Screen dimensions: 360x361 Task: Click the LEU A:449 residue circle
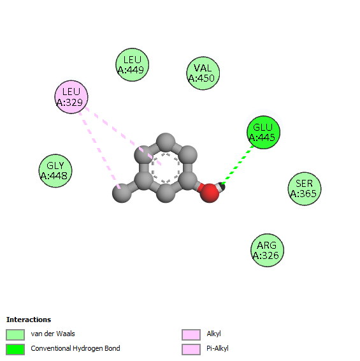tap(133, 64)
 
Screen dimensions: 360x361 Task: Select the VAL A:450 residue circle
tap(203, 73)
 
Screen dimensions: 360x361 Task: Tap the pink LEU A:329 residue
tap(71, 97)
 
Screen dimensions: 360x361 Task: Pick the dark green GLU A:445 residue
tap(263, 133)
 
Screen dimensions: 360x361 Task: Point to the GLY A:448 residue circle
tap(55, 171)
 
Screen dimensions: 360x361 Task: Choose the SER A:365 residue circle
tap(305, 189)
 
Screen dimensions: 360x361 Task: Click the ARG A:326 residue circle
tap(268, 250)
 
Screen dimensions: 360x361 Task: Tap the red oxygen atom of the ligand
tap(210, 193)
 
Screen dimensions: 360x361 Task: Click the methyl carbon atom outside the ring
tap(122, 193)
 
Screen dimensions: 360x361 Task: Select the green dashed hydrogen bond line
tap(238, 165)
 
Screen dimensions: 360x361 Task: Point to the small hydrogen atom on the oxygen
tap(222, 186)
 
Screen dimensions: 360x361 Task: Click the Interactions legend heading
tap(29, 320)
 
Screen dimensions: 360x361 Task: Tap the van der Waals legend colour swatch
tap(15, 334)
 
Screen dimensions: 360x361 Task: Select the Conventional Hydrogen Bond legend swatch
tap(15, 350)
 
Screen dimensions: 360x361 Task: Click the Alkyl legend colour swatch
tap(191, 334)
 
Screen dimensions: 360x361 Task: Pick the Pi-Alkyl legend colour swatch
tap(191, 350)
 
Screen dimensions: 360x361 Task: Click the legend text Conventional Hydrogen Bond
tap(75, 349)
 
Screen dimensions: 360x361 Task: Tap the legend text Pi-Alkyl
tap(217, 349)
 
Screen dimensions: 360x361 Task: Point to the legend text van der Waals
tap(53, 334)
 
